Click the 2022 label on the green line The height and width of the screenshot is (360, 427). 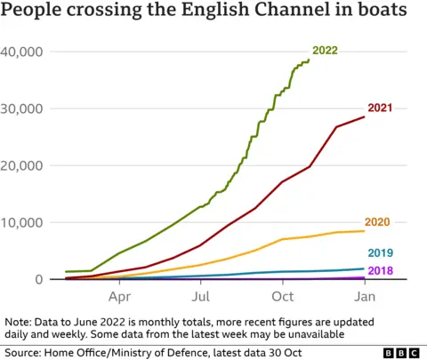(x=325, y=51)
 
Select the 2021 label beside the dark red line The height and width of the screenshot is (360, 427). (x=381, y=107)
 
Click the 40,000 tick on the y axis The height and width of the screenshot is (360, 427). (x=24, y=52)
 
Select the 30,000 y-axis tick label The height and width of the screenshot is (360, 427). (x=24, y=108)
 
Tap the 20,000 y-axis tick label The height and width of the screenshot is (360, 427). (x=24, y=165)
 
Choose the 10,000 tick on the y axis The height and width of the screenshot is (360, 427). (x=24, y=222)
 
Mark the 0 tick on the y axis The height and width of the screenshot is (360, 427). (x=39, y=279)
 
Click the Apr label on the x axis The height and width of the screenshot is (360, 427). (x=120, y=296)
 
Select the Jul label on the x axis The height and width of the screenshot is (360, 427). (x=202, y=296)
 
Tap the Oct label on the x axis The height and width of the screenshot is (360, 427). (x=283, y=296)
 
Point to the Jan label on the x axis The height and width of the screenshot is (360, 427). (x=365, y=296)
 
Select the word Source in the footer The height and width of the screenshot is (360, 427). (x=24, y=353)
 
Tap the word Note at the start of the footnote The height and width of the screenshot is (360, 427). (x=18, y=321)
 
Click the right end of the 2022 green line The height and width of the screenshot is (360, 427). (x=309, y=60)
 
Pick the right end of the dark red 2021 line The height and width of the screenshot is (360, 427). (x=365, y=117)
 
